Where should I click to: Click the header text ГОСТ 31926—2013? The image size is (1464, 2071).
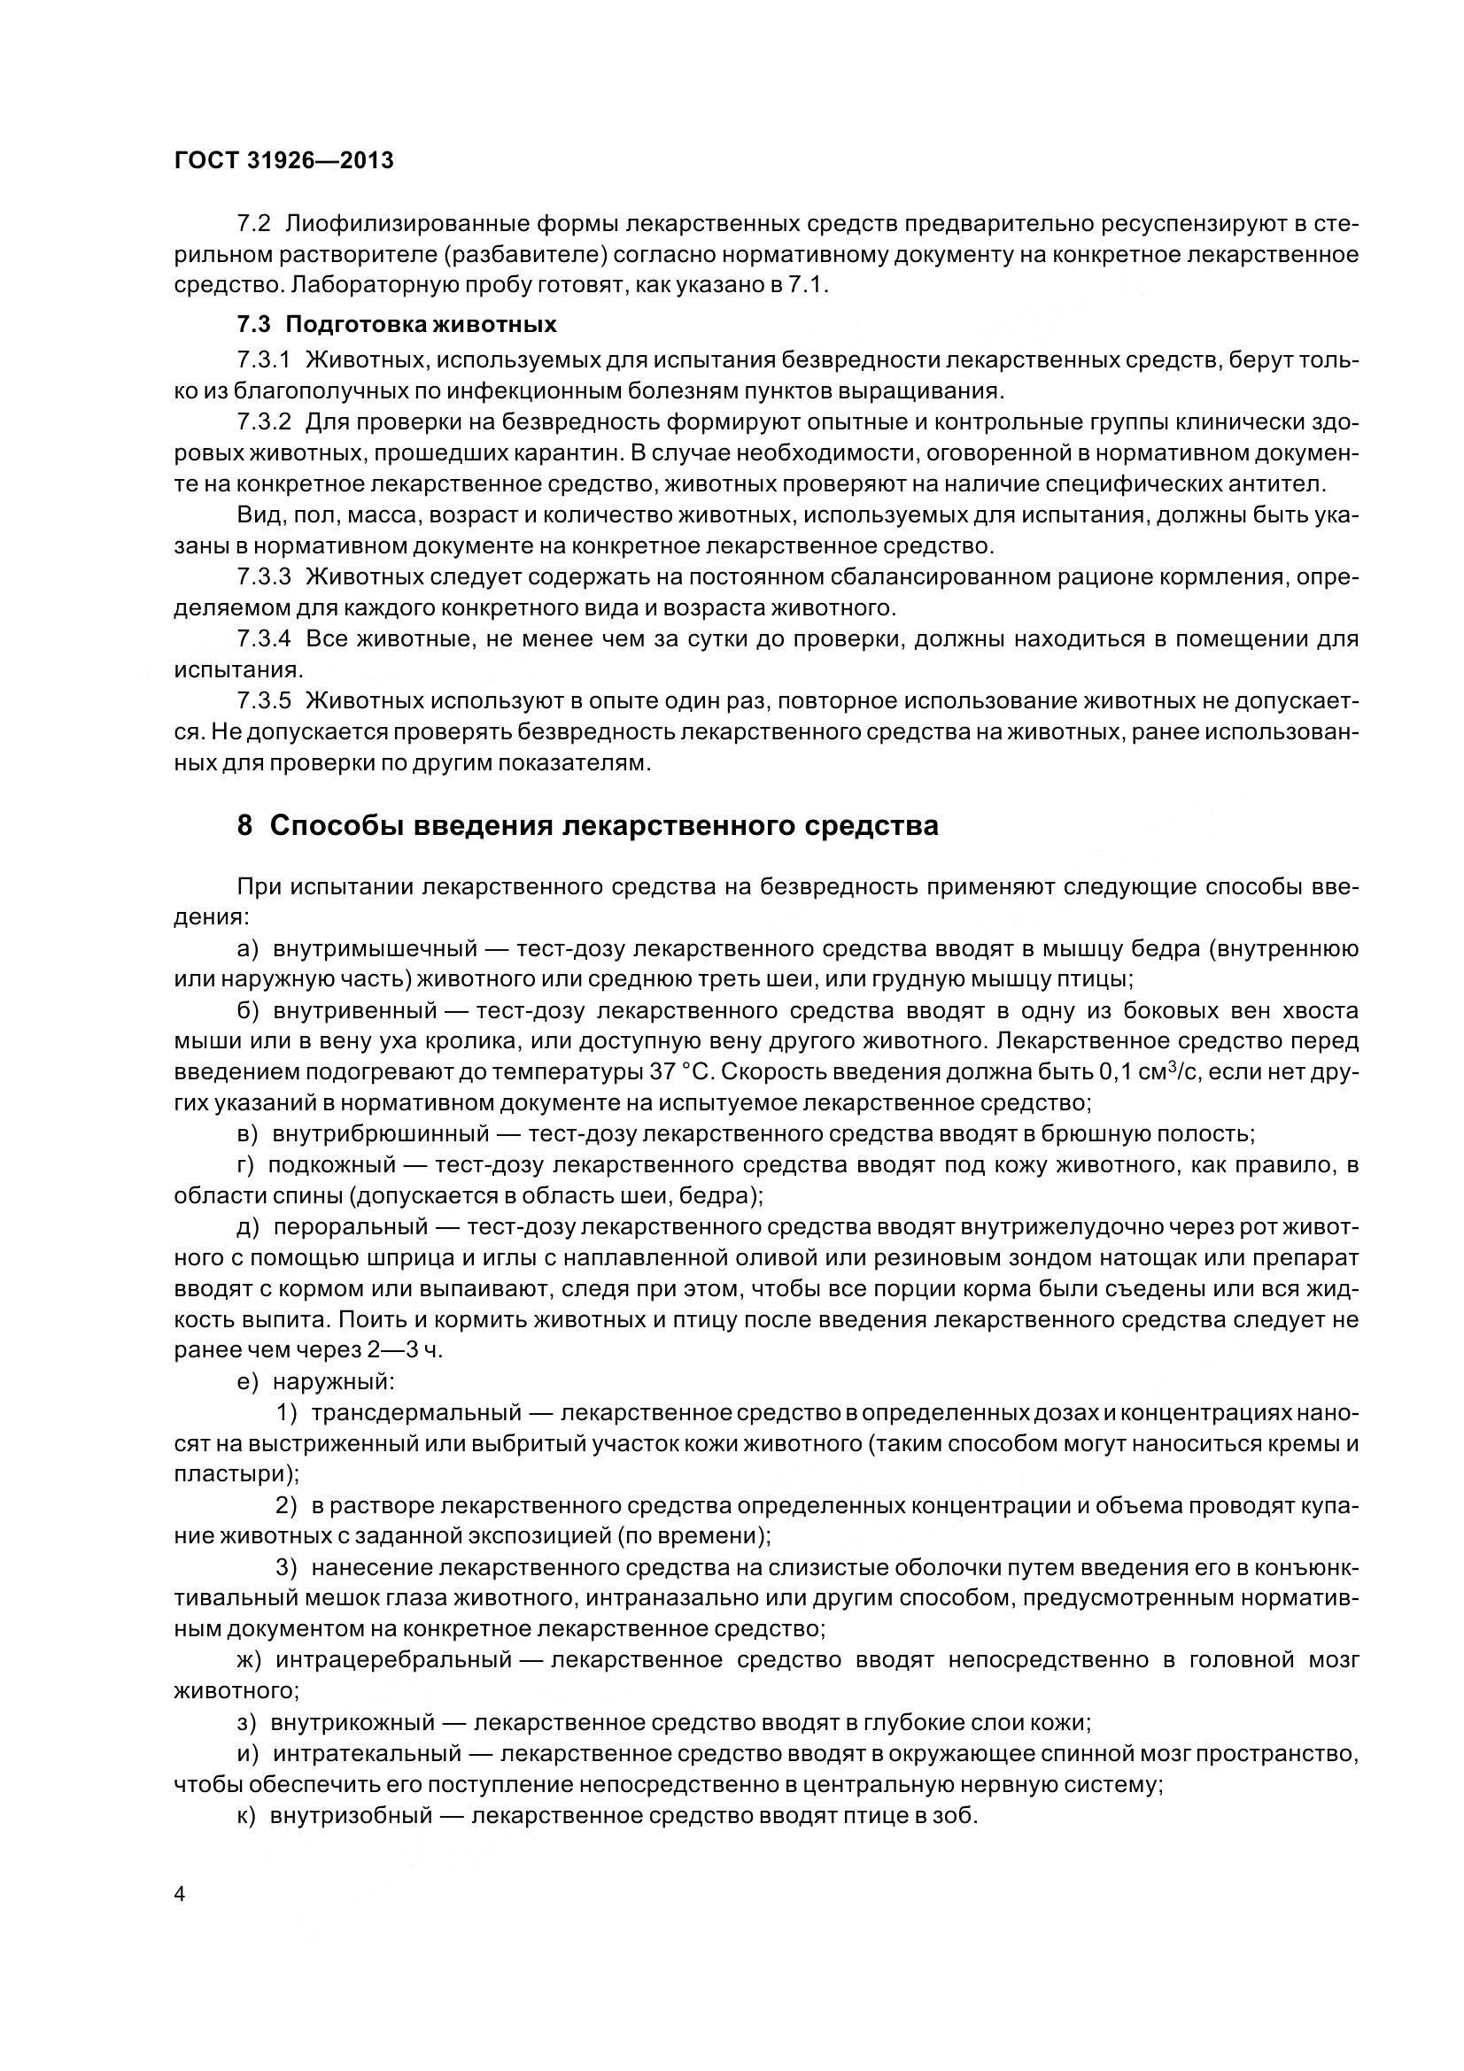283,160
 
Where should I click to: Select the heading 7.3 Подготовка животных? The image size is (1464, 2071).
397,324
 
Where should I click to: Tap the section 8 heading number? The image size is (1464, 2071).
244,825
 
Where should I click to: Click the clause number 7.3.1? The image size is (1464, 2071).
263,359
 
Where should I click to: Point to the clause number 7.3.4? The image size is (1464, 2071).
263,639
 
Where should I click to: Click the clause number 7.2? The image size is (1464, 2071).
253,224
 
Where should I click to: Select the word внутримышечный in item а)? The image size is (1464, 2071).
375,949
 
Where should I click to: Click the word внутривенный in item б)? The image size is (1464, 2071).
355,1010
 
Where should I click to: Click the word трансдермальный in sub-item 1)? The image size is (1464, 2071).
418,1411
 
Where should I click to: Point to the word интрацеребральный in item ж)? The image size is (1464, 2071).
393,1659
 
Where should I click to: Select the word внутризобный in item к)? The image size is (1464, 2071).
352,1815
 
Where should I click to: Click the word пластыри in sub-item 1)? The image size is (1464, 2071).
235,1474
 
